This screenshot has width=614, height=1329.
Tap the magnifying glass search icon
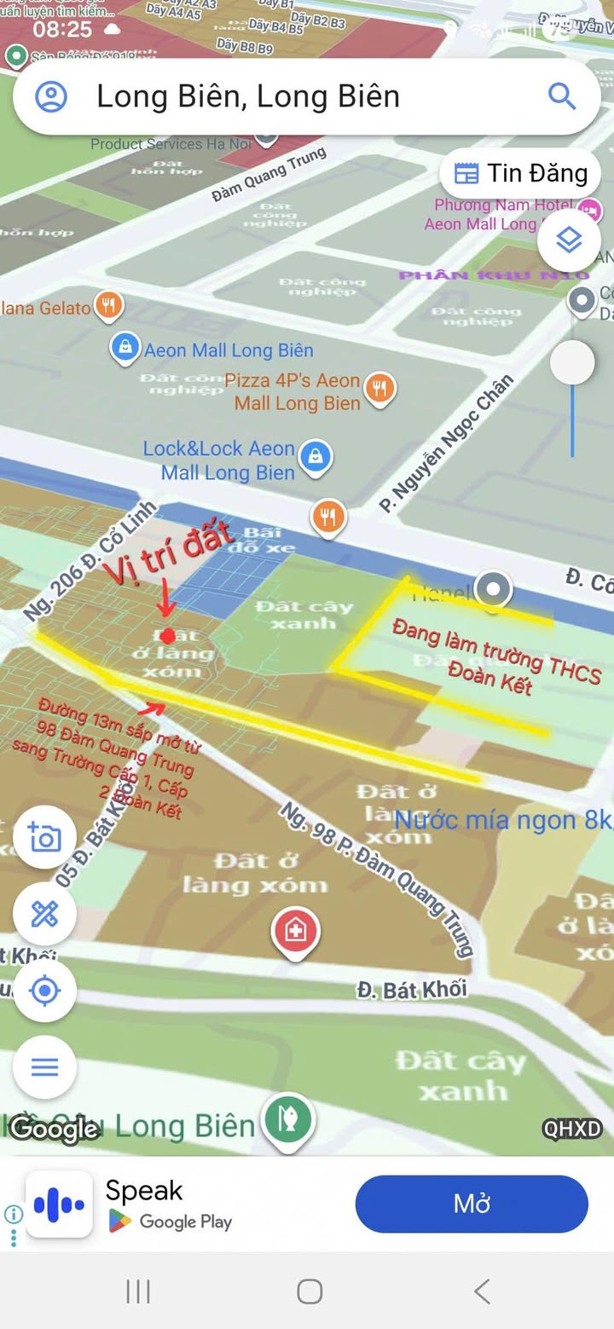pyautogui.click(x=561, y=96)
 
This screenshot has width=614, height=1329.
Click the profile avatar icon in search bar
pyautogui.click(x=51, y=96)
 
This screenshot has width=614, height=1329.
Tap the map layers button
pyautogui.click(x=569, y=240)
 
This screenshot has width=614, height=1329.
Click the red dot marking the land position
pyautogui.click(x=168, y=636)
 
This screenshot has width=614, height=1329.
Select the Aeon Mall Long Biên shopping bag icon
pyautogui.click(x=125, y=348)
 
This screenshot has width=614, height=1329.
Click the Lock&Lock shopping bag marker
pyautogui.click(x=316, y=456)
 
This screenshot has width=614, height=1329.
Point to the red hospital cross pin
pyautogui.click(x=295, y=930)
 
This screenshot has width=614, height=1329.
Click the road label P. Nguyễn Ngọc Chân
pyautogui.click(x=447, y=443)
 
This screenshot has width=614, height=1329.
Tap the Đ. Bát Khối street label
pyautogui.click(x=413, y=989)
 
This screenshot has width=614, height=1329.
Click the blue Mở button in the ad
pyautogui.click(x=472, y=1204)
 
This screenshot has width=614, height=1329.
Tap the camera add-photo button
pyautogui.click(x=44, y=837)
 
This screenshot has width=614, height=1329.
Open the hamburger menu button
pyautogui.click(x=44, y=1066)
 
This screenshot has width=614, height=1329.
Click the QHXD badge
pyautogui.click(x=573, y=1129)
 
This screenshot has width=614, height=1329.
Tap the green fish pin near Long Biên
pyautogui.click(x=287, y=1118)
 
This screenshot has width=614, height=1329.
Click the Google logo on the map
pyautogui.click(x=54, y=1130)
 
